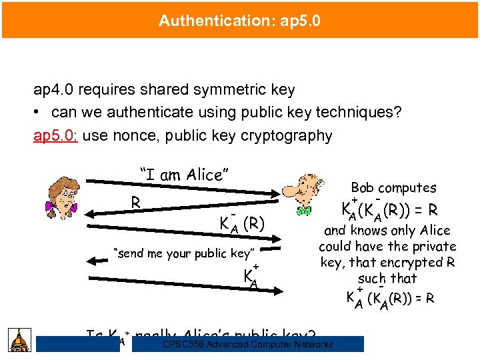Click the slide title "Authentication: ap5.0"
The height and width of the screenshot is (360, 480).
coord(239,21)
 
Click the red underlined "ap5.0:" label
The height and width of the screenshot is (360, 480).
coord(56,136)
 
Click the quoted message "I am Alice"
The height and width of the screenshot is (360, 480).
coord(185,175)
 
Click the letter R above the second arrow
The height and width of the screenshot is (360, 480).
coord(135,201)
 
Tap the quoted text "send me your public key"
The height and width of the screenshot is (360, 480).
coord(185,253)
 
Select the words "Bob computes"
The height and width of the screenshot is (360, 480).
coord(393,188)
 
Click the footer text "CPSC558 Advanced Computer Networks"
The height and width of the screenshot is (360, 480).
coord(247,345)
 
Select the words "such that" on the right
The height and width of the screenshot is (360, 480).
coord(387,278)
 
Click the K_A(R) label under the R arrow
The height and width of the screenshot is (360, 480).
coord(243,223)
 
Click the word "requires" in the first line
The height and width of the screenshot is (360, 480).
coord(109,89)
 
